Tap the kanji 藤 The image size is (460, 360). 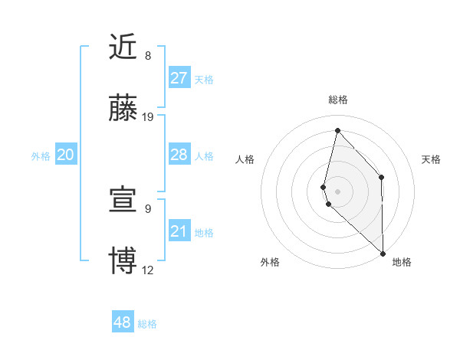123,108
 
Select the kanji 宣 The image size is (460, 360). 123,199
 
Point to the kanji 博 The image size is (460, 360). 123,260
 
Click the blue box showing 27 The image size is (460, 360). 179,78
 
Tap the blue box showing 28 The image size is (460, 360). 179,155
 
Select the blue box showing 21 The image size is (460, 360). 179,231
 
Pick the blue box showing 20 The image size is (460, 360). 66,155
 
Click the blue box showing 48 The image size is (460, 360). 123,322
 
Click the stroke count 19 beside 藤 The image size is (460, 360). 148,117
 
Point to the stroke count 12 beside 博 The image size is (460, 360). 148,270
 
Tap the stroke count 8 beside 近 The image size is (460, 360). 147,56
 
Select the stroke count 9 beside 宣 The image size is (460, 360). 147,208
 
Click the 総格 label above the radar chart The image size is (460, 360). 338,100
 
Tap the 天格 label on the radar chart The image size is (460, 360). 431,159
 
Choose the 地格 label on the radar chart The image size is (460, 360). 402,263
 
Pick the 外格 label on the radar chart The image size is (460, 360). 270,263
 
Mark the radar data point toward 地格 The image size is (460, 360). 383,253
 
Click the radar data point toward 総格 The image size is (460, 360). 337,130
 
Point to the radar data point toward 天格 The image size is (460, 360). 382,177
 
